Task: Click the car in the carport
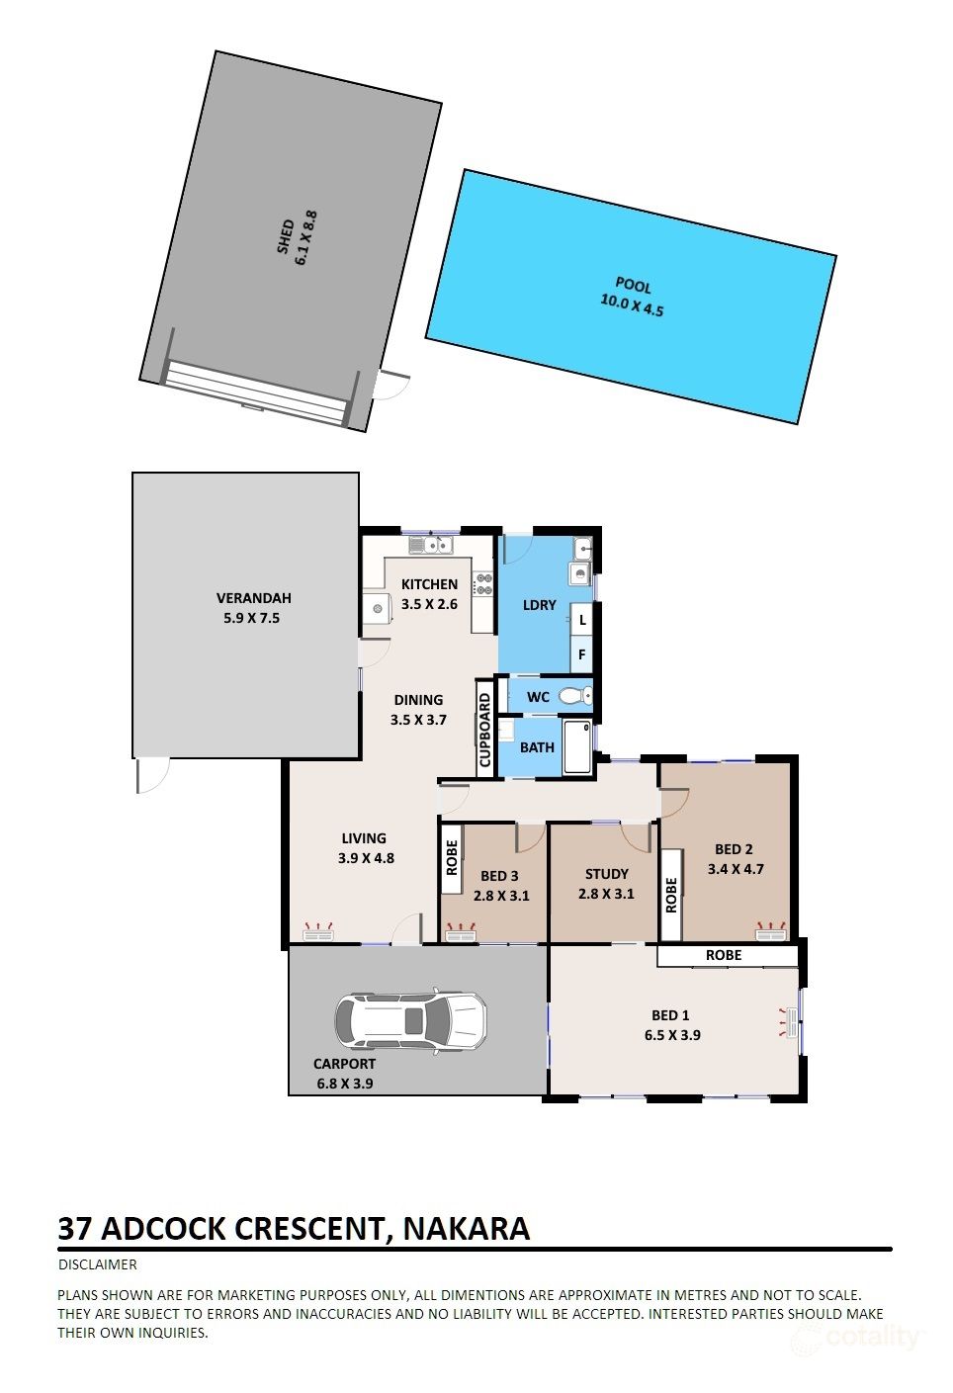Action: [x=411, y=1020]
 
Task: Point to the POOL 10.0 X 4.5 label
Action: [x=633, y=298]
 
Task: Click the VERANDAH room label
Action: [x=253, y=598]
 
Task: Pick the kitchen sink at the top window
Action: [x=430, y=544]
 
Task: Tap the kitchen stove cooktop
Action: [x=483, y=584]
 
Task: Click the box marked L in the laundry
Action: [x=582, y=620]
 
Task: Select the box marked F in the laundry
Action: [x=582, y=654]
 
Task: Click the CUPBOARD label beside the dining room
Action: [x=484, y=731]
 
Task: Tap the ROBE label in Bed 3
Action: [x=452, y=856]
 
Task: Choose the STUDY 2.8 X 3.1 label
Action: [x=606, y=884]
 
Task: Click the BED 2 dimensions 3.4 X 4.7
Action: [x=736, y=870]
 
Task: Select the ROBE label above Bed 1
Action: [x=724, y=955]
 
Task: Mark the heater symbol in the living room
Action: [x=319, y=931]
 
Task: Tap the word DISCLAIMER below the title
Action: [x=98, y=1264]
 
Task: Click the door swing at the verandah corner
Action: [x=152, y=775]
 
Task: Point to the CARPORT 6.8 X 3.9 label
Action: [x=344, y=1074]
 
